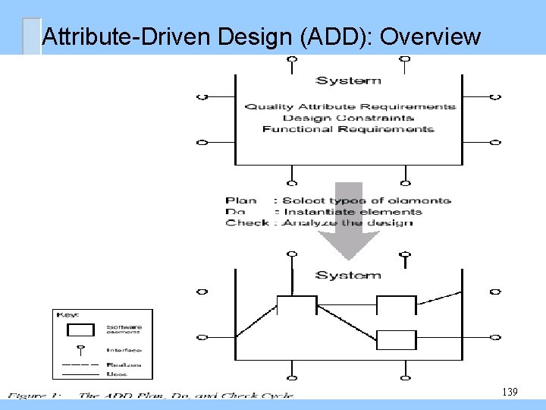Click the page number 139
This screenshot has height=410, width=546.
pos(510,392)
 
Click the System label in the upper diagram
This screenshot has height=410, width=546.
pos(348,80)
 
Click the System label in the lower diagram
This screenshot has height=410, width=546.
pos(348,275)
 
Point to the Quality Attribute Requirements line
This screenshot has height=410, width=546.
pos(350,106)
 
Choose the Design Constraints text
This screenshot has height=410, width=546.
pos(348,118)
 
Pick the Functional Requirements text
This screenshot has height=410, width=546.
pos(348,129)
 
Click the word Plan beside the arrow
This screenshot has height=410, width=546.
pos(240,200)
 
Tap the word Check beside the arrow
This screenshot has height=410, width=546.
pos(246,222)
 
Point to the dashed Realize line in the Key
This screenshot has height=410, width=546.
pos(77,365)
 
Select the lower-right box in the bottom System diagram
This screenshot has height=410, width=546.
pos(397,339)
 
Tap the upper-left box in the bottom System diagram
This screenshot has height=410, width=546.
pos(297,305)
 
